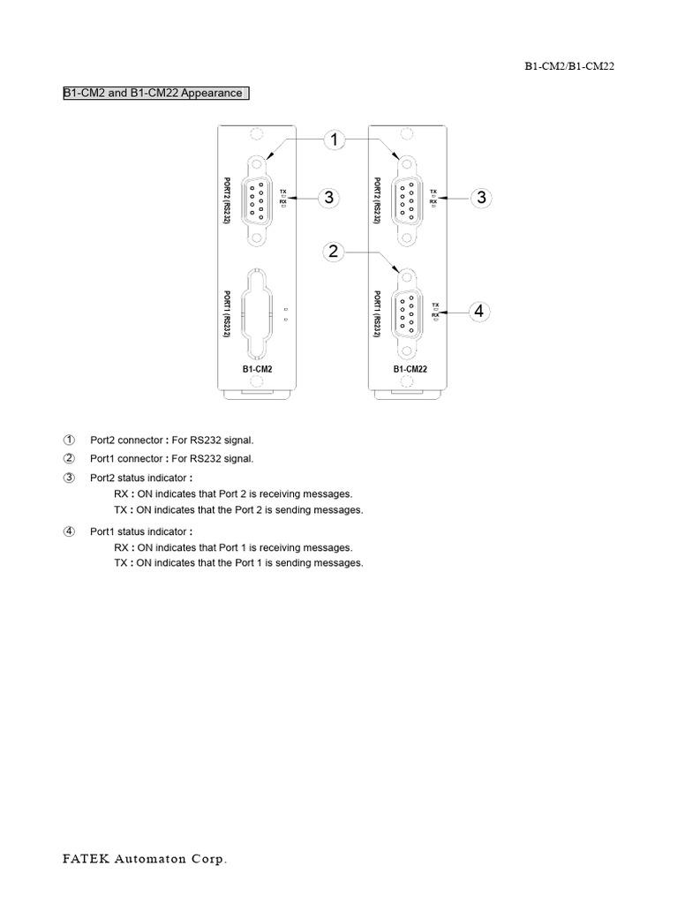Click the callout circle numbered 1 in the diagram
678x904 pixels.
334,139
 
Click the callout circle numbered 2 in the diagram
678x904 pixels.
334,252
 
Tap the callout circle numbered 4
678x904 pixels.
478,312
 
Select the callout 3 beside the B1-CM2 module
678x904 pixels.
329,198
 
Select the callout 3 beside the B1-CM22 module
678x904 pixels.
481,198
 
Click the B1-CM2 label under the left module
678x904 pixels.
257,368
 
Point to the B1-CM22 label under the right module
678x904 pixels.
410,368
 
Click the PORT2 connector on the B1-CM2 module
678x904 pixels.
258,200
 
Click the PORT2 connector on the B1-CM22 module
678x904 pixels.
409,200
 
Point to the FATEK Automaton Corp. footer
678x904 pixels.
144,858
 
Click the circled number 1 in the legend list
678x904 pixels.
70,440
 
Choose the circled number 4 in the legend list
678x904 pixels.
70,531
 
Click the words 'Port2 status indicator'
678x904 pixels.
139,478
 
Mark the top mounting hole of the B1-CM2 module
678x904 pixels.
257,135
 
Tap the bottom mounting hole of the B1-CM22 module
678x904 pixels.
409,382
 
